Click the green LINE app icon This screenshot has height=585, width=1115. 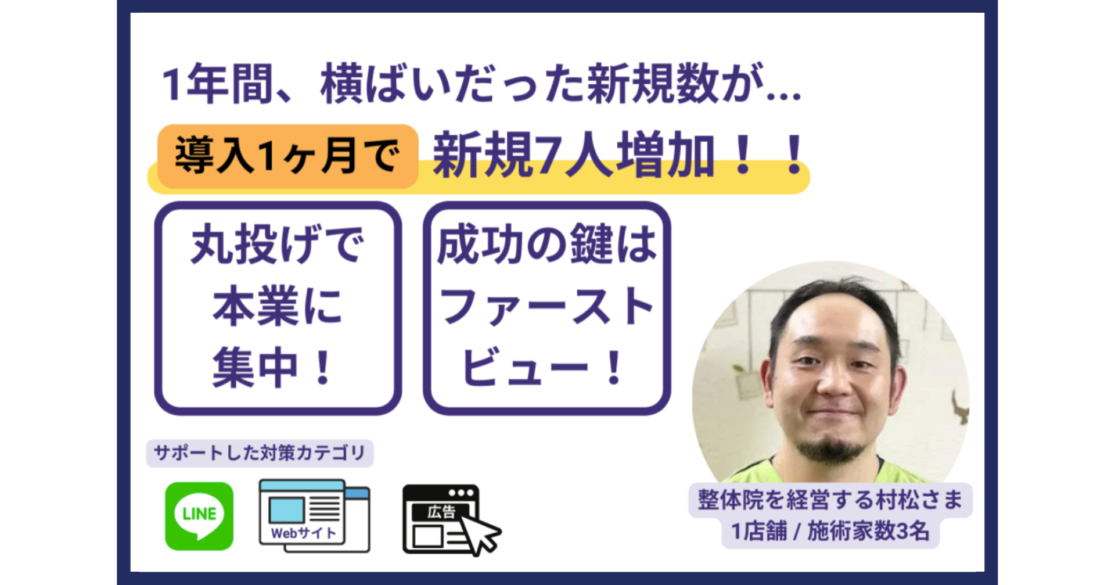[x=199, y=516]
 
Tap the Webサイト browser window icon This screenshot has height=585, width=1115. [x=314, y=515]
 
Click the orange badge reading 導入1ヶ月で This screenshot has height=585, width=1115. [x=288, y=156]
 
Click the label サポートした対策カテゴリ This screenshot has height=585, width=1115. [x=260, y=453]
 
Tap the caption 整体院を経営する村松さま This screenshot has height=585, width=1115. [x=830, y=500]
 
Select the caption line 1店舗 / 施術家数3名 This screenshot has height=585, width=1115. [x=830, y=531]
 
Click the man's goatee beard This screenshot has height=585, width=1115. [x=832, y=449]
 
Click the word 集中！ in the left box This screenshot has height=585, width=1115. [x=274, y=367]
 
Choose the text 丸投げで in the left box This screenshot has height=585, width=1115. [x=278, y=245]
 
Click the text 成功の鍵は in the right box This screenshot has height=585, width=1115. [x=546, y=245]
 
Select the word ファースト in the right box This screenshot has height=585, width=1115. [x=546, y=306]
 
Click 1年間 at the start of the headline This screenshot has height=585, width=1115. [x=217, y=85]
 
